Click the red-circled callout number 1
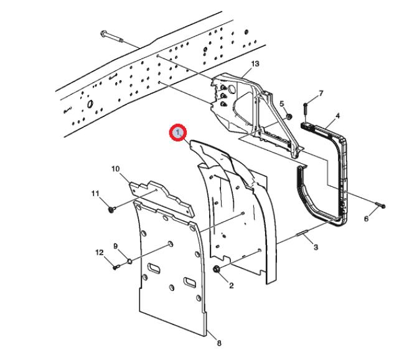point(179,133)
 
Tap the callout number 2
point(231,286)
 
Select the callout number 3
point(316,247)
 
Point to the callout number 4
point(337,116)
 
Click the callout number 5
point(281,103)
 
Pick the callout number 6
point(366,219)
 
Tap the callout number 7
point(321,93)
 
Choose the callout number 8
point(218,343)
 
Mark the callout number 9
point(115,247)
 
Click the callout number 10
point(115,169)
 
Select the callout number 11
point(96,194)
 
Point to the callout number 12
point(99,252)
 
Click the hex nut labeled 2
point(217,269)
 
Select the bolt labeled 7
point(306,112)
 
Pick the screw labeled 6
point(380,206)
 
